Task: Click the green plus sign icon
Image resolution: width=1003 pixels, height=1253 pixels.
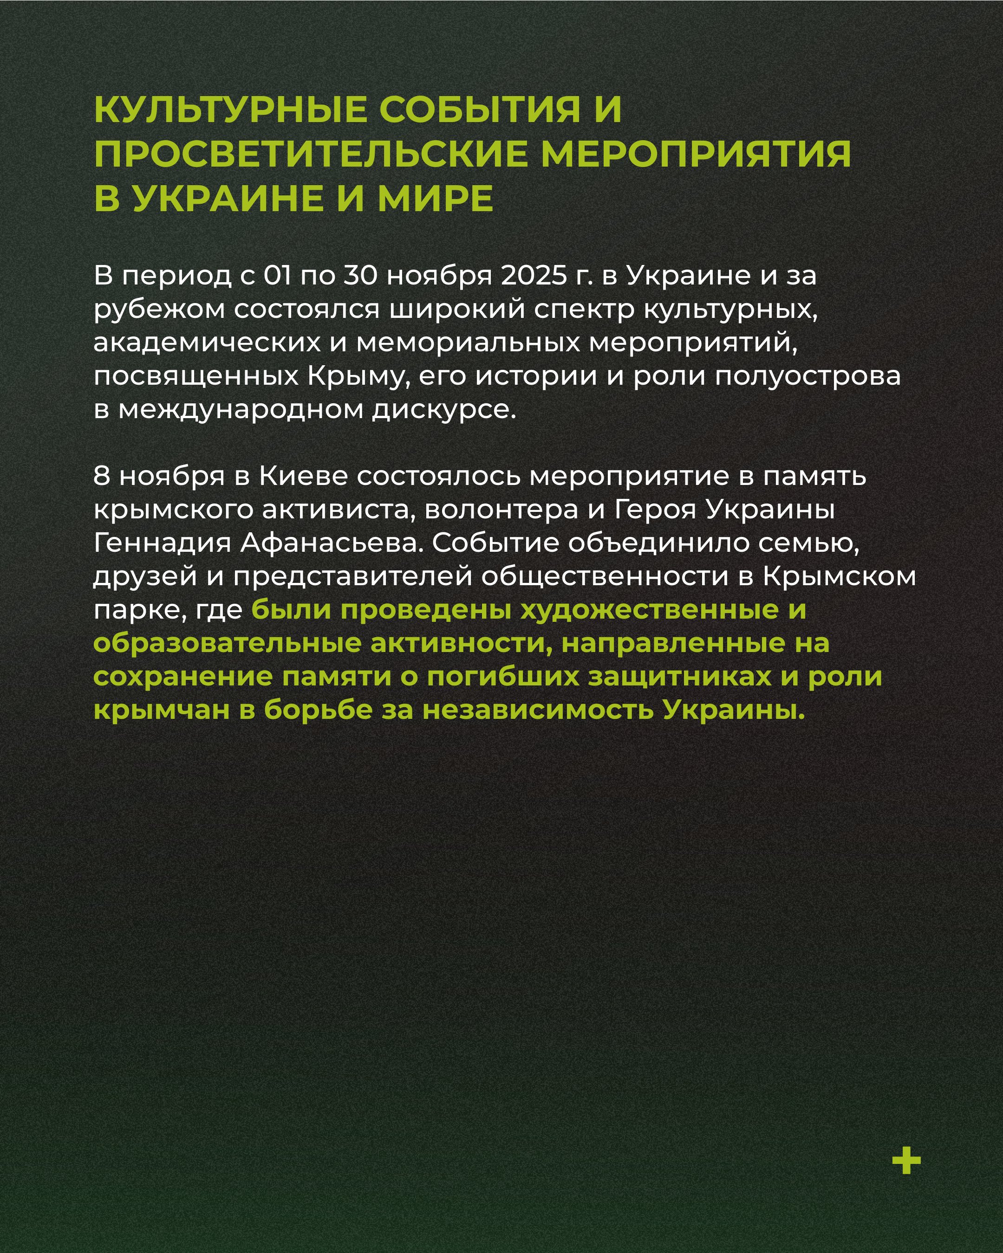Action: coord(906,1161)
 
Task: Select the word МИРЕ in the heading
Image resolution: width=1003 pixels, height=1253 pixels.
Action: coord(436,199)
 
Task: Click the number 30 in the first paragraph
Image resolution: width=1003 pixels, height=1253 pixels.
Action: coord(360,276)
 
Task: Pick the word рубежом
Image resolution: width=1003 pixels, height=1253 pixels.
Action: coord(159,310)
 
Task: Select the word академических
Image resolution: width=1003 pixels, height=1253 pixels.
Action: coord(207,342)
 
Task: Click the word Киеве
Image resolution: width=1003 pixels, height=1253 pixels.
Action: coord(302,476)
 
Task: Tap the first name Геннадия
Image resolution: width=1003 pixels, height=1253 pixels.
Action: coord(162,543)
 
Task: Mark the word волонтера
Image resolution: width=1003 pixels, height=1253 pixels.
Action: coord(501,510)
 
